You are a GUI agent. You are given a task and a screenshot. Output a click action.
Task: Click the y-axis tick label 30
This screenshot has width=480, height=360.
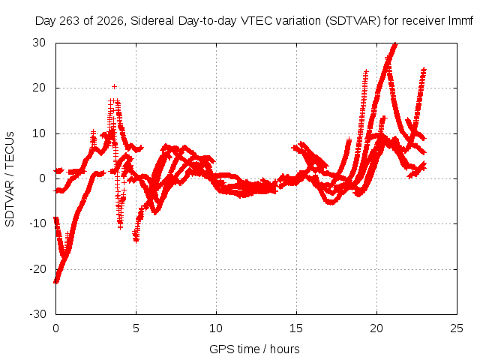pos(39,43)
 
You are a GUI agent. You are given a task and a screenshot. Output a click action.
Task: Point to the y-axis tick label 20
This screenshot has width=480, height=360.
pos(39,88)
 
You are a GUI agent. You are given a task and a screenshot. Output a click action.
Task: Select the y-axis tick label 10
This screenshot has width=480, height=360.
pos(39,133)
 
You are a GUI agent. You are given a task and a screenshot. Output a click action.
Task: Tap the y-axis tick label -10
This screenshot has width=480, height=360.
pos(37,223)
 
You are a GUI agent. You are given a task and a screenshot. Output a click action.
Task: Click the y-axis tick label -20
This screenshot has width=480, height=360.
pos(37,269)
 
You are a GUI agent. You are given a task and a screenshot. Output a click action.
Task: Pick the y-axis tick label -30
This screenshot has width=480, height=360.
pos(37,314)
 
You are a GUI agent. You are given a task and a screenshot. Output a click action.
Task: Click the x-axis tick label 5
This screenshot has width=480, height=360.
pos(136,328)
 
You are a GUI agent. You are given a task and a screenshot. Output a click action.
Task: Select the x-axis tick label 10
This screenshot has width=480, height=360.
pos(216,328)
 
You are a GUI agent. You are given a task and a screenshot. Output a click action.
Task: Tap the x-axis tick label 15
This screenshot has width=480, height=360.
pos(296,328)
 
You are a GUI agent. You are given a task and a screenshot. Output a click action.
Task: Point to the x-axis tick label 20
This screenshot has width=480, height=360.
pos(376,328)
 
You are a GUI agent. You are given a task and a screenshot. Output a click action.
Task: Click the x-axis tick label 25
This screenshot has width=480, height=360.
pos(457,328)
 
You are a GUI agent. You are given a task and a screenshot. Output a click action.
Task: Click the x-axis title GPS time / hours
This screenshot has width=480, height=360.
pos(254,349)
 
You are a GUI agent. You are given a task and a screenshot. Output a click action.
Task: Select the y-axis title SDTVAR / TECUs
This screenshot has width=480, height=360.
pos(10,179)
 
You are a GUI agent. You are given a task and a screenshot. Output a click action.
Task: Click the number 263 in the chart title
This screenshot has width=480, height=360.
pos(70,21)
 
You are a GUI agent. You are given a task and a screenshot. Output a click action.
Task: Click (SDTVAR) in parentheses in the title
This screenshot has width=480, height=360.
pos(353,21)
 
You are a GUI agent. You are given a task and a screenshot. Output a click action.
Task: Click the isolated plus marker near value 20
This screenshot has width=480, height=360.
pos(114,87)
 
